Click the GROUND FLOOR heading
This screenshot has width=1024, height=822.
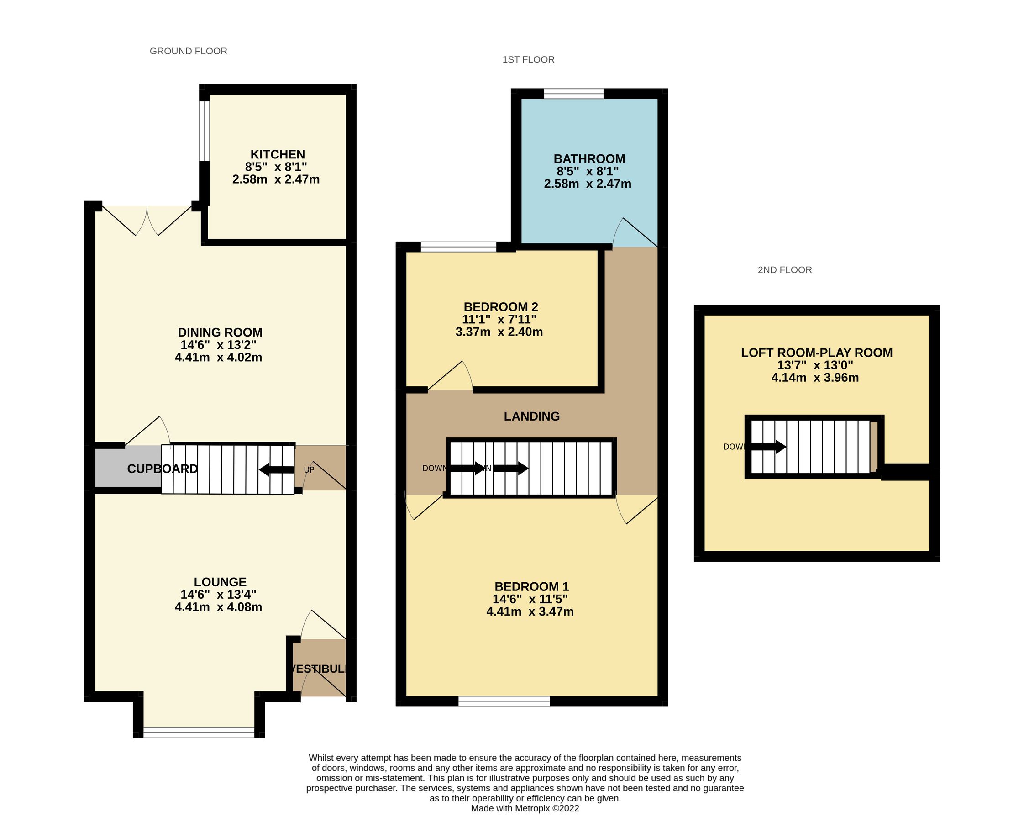tap(188, 51)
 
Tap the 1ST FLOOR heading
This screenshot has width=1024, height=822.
tap(528, 59)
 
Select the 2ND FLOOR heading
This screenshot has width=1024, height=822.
tap(784, 270)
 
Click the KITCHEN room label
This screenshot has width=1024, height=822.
tap(278, 154)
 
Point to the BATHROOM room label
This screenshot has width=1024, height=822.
tap(589, 159)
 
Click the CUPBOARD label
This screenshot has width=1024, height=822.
tap(162, 469)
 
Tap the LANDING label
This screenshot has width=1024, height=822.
tap(531, 416)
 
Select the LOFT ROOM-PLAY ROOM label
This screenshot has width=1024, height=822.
tap(816, 353)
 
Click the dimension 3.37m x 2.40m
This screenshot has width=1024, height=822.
tap(499, 332)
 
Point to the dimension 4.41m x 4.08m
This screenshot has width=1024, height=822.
tap(218, 607)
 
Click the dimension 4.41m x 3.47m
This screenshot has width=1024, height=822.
tap(530, 611)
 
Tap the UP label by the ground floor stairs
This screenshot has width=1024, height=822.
tap(309, 469)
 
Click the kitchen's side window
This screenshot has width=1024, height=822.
tap(204, 131)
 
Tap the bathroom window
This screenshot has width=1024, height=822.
tap(573, 94)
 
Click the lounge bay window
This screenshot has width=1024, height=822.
tap(199, 732)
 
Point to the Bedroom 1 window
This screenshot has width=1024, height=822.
tap(504, 701)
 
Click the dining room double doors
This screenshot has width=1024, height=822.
tap(147, 221)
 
